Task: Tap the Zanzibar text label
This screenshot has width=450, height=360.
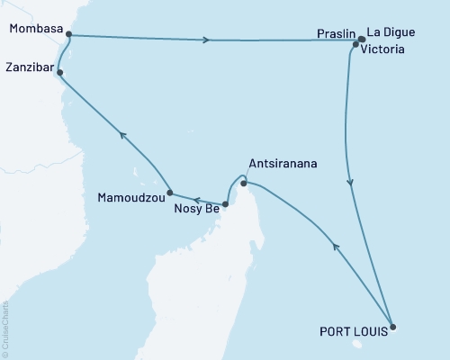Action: tap(29, 67)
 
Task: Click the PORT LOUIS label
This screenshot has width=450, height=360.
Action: tap(356, 331)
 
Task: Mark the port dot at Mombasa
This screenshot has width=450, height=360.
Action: tap(67, 36)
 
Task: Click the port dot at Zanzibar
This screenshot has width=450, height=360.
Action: tap(59, 75)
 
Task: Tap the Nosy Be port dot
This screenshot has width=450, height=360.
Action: tap(225, 204)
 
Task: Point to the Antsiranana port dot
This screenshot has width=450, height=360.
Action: tap(244, 184)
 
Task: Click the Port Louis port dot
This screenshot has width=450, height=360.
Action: tap(393, 327)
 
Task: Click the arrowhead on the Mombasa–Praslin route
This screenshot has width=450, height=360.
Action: tap(209, 40)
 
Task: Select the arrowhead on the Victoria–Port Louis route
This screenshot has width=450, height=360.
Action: tap(350, 183)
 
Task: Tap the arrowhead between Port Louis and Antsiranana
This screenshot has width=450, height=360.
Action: tap(337, 245)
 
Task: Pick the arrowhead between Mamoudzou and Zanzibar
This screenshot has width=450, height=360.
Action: tap(123, 137)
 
